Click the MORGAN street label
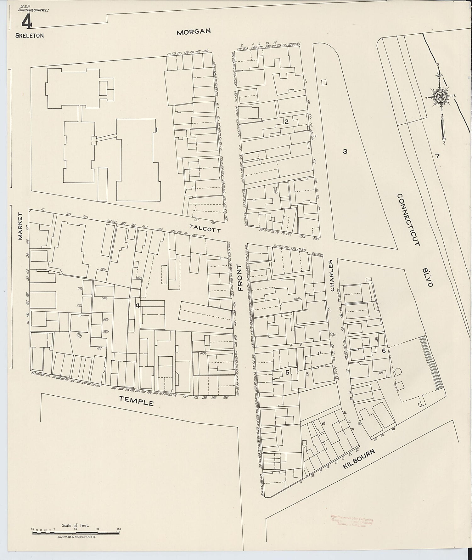click(x=193, y=31)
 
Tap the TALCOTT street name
click(x=205, y=228)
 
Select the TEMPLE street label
click(x=136, y=401)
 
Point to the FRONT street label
click(x=240, y=278)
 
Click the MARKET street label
click(x=20, y=226)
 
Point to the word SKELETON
click(x=30, y=36)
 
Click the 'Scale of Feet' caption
click(x=76, y=525)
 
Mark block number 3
click(x=345, y=151)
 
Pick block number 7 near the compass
click(x=437, y=156)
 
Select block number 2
click(x=286, y=122)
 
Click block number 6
click(x=384, y=351)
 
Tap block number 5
click(x=287, y=372)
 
